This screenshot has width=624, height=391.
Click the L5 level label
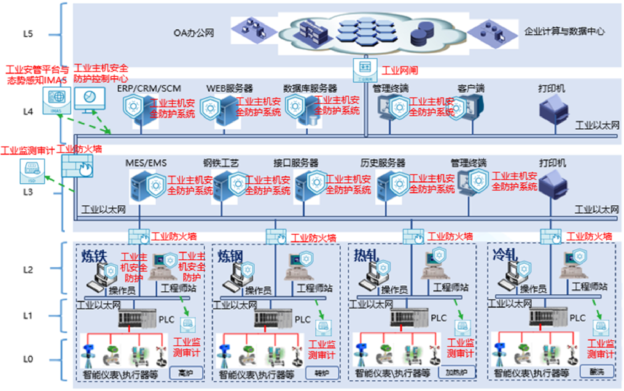[x=28, y=34]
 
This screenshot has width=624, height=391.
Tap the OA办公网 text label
[x=193, y=33]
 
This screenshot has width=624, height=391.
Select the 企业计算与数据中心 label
[x=564, y=31]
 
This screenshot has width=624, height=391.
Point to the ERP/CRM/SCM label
[x=149, y=88]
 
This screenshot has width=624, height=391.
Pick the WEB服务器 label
[x=230, y=88]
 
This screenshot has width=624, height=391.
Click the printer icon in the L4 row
[x=554, y=109]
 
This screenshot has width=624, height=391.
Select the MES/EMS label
[x=146, y=163]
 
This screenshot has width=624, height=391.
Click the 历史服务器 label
[x=383, y=163]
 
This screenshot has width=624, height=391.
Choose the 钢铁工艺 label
[x=221, y=163]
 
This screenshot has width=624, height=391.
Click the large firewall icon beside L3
[x=77, y=166]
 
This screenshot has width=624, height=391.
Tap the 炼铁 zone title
[x=94, y=256]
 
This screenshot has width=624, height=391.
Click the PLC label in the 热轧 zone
[x=439, y=318]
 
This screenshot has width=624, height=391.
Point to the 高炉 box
[x=186, y=373]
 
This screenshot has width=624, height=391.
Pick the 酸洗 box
[x=597, y=372]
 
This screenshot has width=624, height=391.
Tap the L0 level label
[x=28, y=359]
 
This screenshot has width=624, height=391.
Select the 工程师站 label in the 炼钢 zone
[x=314, y=288]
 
